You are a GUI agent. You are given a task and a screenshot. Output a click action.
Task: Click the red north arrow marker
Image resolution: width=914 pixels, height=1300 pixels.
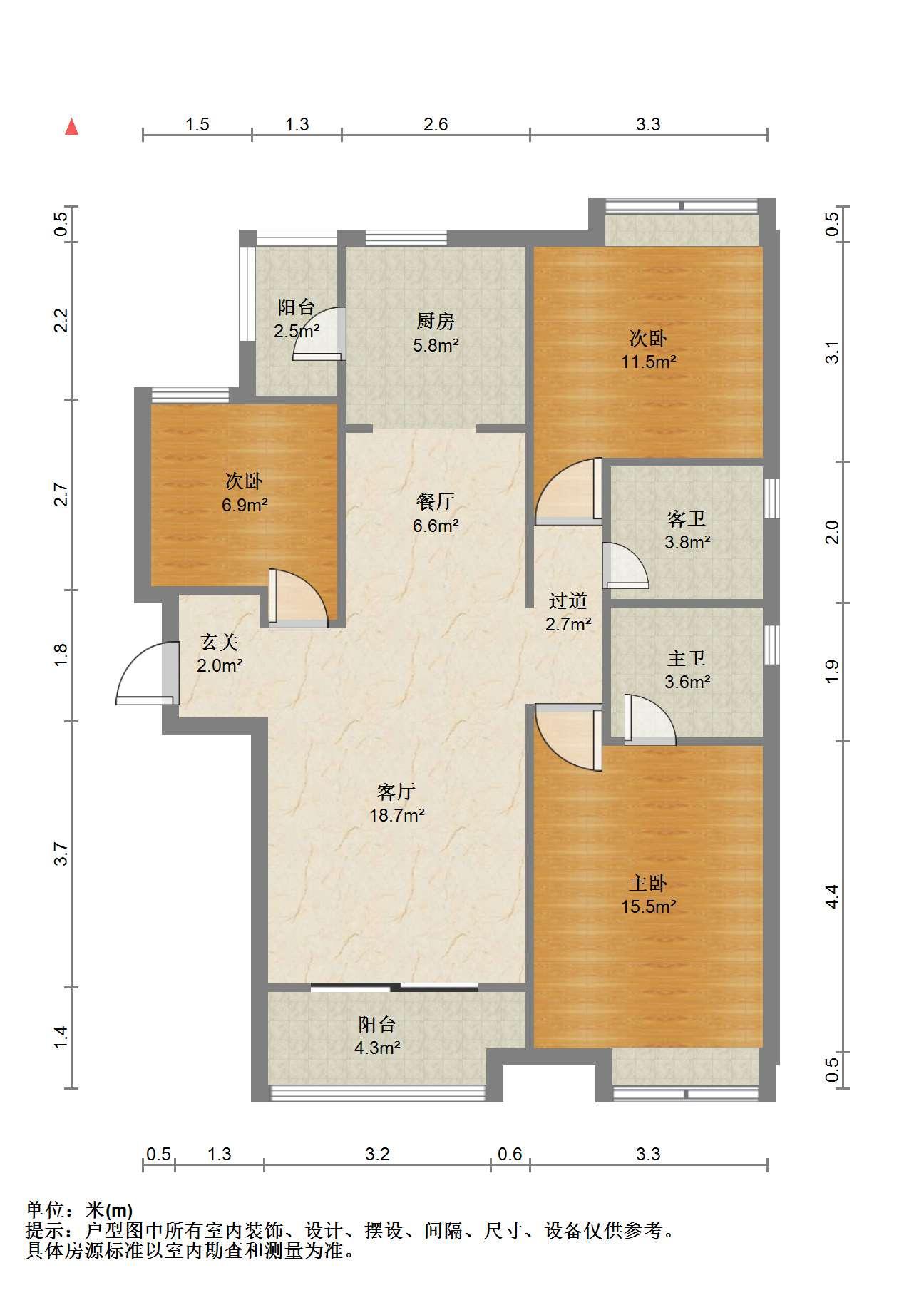click(x=71, y=127)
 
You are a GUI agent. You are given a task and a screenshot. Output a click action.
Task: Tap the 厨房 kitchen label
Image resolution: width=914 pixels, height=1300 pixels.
click(x=436, y=322)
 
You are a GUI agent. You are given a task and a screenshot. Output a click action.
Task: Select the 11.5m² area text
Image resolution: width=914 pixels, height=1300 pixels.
click(x=648, y=362)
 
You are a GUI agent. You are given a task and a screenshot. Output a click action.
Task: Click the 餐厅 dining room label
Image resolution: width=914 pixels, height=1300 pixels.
click(x=435, y=502)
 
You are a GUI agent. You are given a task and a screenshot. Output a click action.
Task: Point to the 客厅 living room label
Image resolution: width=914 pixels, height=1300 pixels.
click(x=396, y=792)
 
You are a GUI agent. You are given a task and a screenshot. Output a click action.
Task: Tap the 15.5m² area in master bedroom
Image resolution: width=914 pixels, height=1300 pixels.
click(x=648, y=906)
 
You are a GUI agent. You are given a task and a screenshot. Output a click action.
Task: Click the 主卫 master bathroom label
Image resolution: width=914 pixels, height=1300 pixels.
click(x=687, y=658)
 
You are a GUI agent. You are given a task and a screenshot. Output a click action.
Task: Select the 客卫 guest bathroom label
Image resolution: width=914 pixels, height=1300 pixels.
click(x=687, y=518)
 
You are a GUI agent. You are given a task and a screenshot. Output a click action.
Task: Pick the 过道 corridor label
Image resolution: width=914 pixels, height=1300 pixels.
click(x=568, y=600)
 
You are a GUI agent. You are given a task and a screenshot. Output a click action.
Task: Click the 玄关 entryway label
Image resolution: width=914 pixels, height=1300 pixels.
click(x=219, y=643)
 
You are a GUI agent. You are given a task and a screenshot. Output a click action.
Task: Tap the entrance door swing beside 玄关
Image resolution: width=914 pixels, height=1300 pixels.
click(x=147, y=673)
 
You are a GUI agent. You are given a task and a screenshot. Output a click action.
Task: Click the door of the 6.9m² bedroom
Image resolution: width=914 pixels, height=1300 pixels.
click(x=298, y=598)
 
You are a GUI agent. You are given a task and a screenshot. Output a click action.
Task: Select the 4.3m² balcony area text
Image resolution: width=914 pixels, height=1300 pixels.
click(x=377, y=1048)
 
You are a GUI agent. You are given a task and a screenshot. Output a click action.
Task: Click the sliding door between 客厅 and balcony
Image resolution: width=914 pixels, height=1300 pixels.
click(x=395, y=987)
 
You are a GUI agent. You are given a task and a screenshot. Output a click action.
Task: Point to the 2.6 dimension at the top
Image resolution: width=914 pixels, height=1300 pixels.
click(x=436, y=125)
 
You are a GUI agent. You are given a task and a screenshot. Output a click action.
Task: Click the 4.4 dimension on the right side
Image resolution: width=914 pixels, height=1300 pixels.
click(x=832, y=896)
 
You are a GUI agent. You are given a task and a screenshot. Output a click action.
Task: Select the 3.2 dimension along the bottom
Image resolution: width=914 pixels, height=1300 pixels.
click(x=377, y=1154)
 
